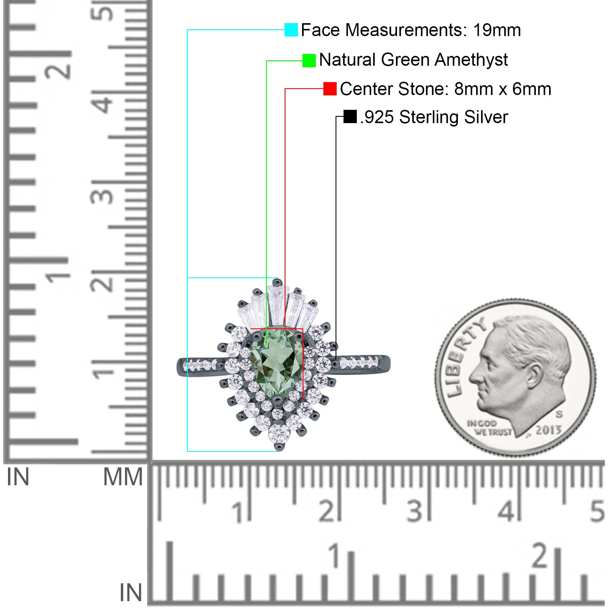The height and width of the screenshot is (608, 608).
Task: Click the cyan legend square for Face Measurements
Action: coord(291,30)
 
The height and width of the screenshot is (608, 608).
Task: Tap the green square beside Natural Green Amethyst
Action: coord(309,60)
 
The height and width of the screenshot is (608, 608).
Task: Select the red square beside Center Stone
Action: coord(330,89)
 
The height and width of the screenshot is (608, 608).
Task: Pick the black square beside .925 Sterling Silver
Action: coord(350,117)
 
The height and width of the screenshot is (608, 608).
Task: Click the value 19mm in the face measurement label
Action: coord(497,30)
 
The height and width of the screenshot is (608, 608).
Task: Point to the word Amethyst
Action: coord(471,60)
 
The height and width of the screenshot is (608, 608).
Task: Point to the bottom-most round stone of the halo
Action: coord(279,433)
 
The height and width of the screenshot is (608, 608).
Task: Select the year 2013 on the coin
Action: coord(548,430)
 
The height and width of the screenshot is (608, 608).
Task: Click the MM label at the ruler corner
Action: coord(123,477)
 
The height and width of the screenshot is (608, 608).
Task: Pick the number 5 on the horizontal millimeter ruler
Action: coord(597,511)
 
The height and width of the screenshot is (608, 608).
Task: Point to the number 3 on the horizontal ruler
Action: coord(415,511)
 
